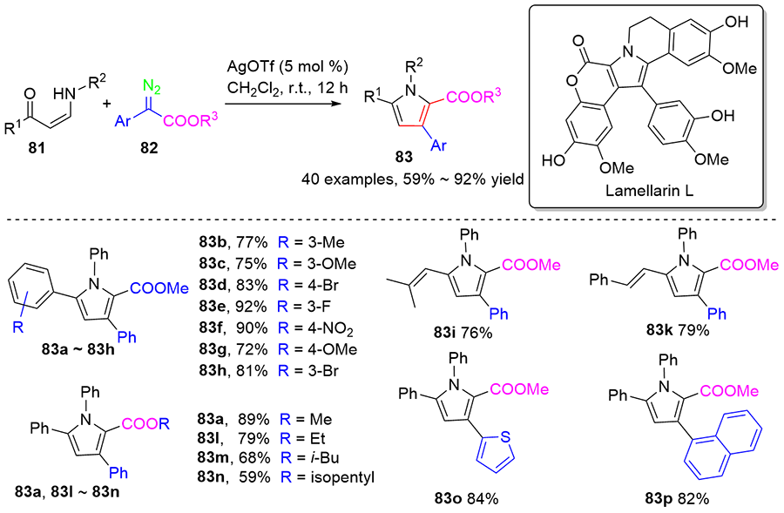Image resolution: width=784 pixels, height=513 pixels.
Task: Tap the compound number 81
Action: click(37, 147)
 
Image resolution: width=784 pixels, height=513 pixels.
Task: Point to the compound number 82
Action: click(149, 147)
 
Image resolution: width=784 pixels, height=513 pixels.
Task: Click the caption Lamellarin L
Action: click(650, 191)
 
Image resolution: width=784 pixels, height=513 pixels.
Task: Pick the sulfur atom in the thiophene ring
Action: click(505, 437)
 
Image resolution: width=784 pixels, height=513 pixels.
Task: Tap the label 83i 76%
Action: click(463, 332)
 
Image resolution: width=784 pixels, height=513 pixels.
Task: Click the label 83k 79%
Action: click(678, 330)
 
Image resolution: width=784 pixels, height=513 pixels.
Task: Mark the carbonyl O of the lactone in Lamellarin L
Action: click(579, 40)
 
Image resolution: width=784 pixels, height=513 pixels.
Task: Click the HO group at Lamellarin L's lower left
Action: click(554, 160)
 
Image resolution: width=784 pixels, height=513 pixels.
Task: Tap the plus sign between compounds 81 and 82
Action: click(106, 104)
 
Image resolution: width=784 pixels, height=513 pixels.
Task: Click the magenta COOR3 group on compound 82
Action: click(190, 120)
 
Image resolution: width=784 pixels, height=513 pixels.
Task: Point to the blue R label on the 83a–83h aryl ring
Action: click(18, 328)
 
